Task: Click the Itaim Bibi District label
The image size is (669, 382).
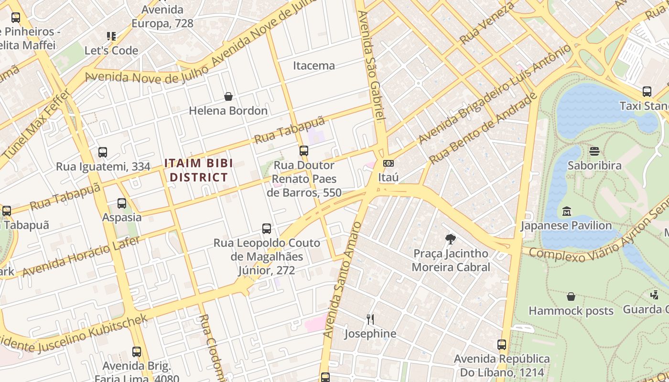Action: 196,170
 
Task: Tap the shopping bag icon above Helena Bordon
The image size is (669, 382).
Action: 228,96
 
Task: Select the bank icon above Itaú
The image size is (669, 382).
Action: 388,163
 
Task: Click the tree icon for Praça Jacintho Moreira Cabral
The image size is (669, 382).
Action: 450,239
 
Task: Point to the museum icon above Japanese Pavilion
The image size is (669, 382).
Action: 566,211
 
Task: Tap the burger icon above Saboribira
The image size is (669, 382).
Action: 594,151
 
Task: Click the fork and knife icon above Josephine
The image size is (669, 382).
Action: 370,319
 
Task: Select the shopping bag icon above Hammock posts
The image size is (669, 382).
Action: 571,297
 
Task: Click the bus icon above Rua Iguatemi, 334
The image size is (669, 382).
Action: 103,152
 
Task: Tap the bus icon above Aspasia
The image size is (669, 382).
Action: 122,203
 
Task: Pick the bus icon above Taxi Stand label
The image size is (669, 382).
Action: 647,91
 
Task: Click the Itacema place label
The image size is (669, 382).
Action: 313,65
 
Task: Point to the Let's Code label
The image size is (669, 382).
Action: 111,50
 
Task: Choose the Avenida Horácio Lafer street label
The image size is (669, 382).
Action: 81,257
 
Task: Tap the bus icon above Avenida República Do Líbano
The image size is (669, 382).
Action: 501,344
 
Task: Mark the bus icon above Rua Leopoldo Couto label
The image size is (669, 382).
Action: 267,229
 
